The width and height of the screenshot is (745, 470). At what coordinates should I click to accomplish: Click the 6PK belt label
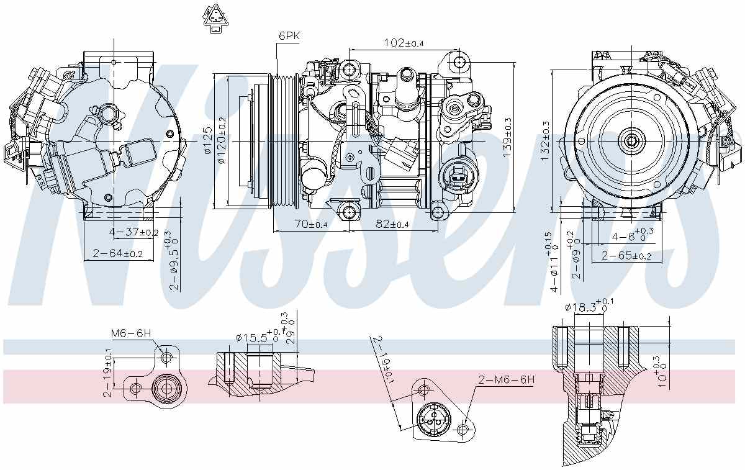click(289, 36)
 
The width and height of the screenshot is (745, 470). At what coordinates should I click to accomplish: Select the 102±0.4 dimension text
click(404, 43)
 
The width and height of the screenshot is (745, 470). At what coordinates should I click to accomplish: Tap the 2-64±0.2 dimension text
click(118, 253)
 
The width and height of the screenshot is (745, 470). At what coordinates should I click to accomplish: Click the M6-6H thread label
click(131, 333)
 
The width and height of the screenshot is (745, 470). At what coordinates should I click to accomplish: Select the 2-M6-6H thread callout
click(506, 380)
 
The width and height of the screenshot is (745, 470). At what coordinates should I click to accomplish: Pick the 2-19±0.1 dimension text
click(109, 373)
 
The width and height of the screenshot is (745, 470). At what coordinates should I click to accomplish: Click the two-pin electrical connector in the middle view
click(458, 176)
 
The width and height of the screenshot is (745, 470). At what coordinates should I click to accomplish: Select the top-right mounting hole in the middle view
click(459, 62)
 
